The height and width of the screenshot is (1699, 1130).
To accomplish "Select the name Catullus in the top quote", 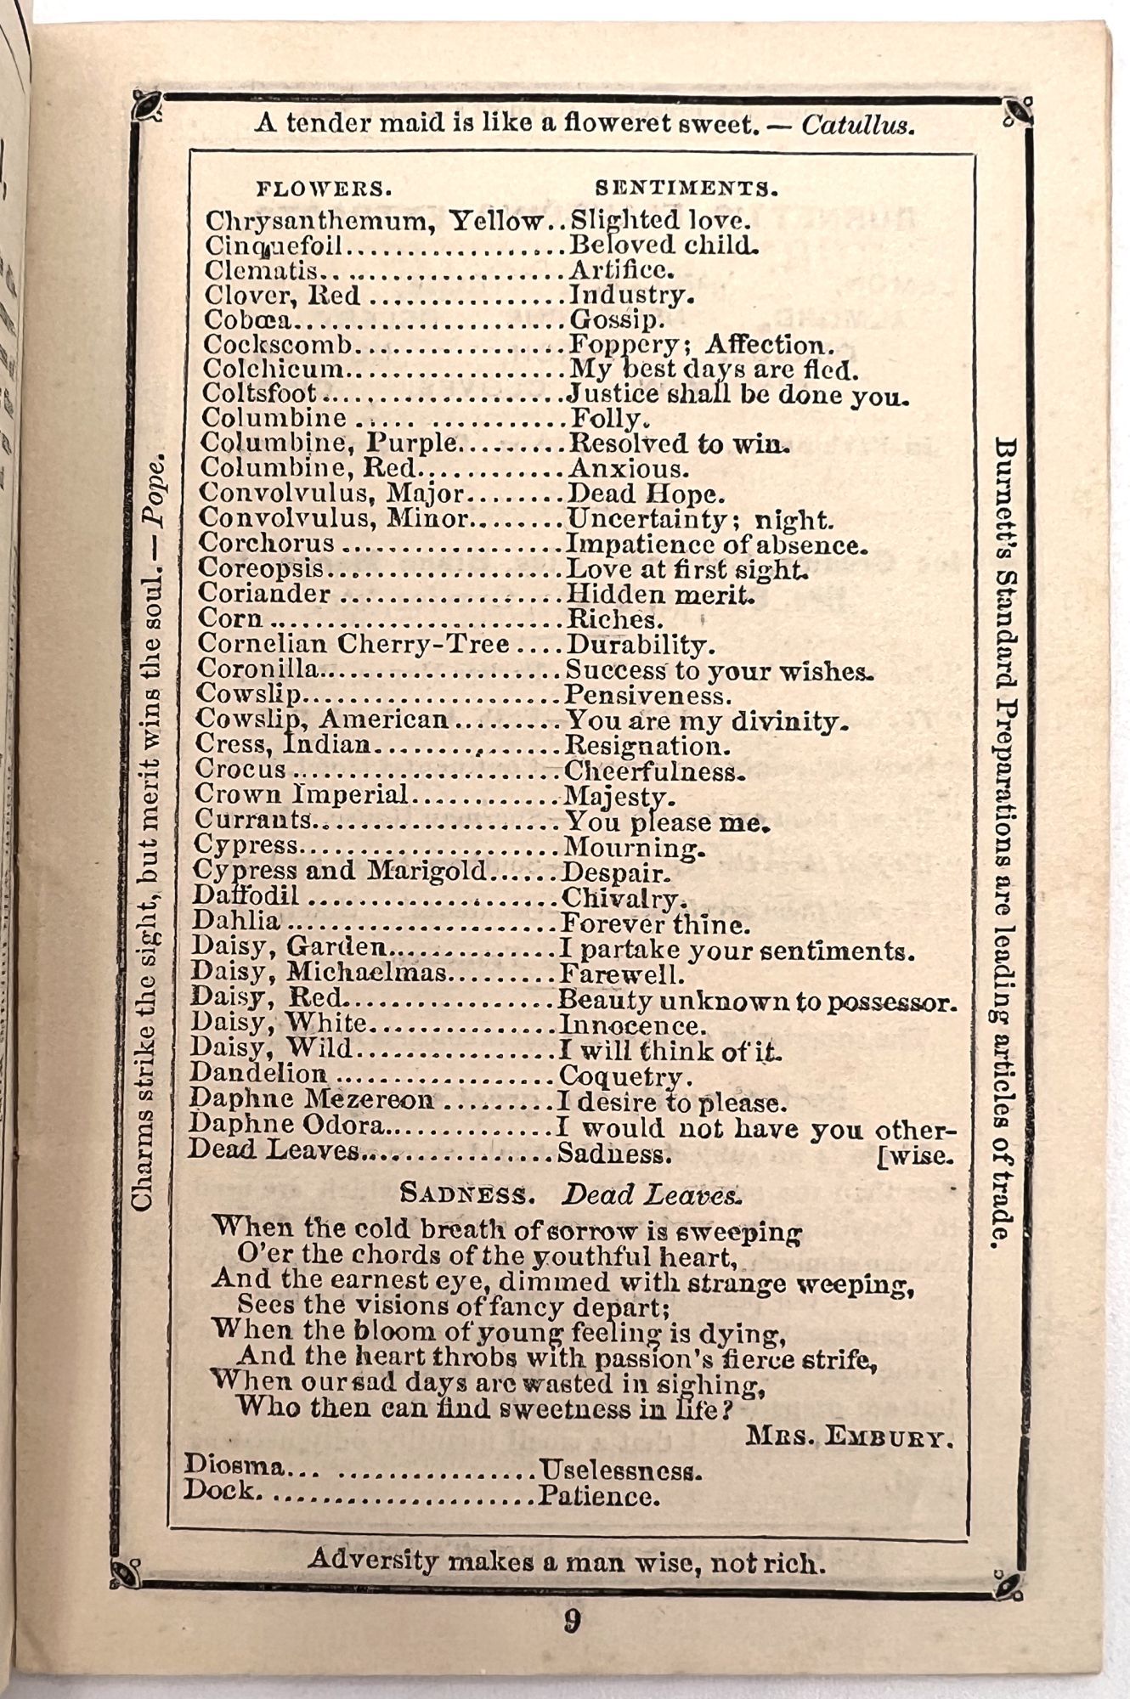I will point(857,127).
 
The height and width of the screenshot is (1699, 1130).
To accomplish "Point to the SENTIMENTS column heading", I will point(686,188).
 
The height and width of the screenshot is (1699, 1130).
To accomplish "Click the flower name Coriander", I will point(264,594).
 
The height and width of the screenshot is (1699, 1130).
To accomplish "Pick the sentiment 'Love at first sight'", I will point(686,569).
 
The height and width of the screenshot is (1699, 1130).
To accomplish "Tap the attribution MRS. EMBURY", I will point(849,1439).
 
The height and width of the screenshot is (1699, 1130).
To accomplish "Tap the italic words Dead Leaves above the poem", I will point(651,1194).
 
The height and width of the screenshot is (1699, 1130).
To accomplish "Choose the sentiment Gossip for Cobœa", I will point(616,320).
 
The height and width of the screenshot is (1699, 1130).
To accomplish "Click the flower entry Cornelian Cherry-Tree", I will point(353,645).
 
